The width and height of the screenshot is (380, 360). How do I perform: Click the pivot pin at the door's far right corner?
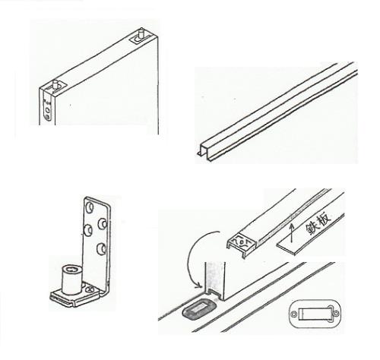click(x=141, y=33)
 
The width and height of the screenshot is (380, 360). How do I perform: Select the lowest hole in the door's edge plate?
click(x=47, y=117)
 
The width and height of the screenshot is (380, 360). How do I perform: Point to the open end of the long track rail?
click(x=206, y=152)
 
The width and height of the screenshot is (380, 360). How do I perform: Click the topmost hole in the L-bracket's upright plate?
click(x=90, y=207)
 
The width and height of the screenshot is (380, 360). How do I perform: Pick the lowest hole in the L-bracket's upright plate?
click(x=101, y=248)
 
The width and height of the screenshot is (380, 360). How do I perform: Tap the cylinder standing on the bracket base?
click(x=71, y=279)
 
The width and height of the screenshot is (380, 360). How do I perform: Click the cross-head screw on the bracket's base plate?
click(x=90, y=289)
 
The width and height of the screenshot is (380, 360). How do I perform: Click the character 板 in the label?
click(x=325, y=218)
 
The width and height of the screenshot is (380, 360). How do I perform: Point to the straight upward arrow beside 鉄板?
click(x=291, y=232)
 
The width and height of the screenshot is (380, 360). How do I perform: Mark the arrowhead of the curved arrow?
click(x=199, y=286)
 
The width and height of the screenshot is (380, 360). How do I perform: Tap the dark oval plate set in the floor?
click(x=199, y=308)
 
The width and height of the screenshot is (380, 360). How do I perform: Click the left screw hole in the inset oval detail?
click(x=293, y=314)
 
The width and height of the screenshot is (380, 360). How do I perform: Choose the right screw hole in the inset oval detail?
click(x=336, y=314)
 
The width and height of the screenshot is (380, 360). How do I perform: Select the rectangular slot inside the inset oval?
click(x=315, y=314)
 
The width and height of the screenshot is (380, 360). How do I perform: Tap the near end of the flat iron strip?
click(x=286, y=247)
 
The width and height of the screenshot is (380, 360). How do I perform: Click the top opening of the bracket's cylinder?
click(x=72, y=268)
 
